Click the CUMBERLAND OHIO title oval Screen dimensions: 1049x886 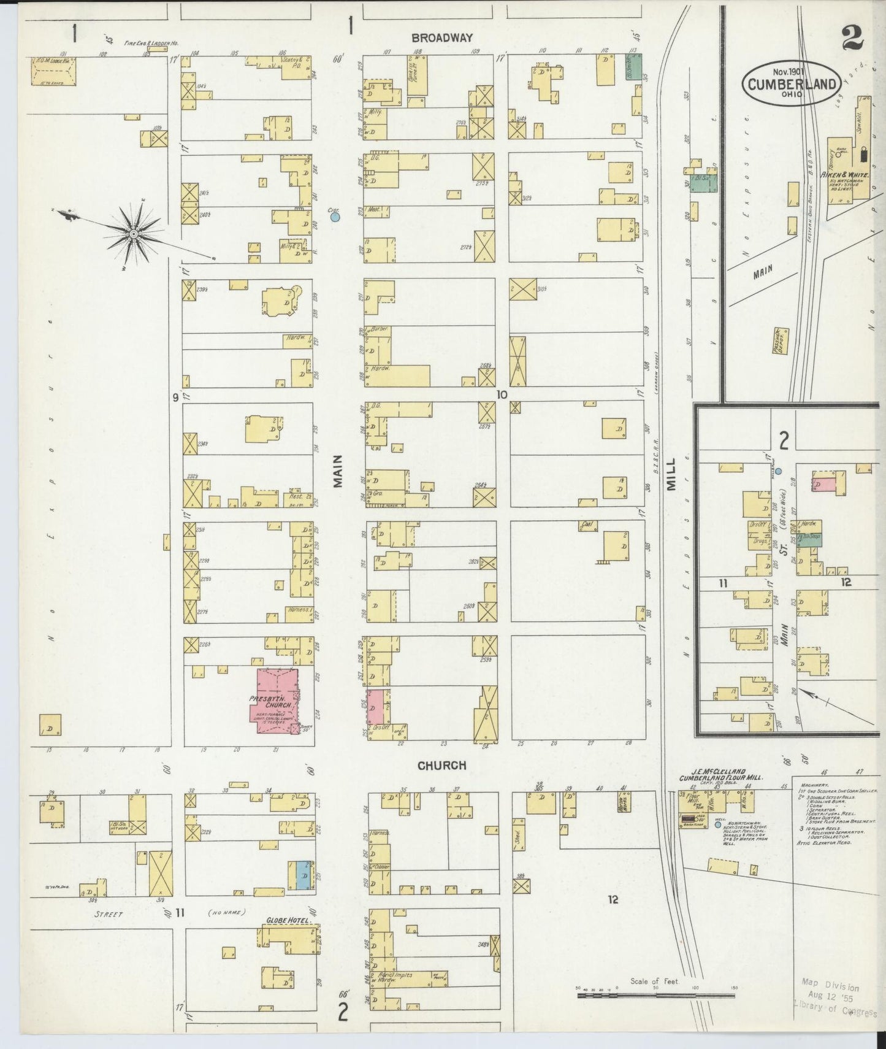790,84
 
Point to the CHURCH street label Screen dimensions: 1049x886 441,766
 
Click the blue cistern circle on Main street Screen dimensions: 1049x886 335,217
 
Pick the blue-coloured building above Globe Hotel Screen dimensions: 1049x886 302,875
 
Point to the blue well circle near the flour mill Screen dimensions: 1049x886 718,825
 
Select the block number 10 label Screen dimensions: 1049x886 502,395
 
